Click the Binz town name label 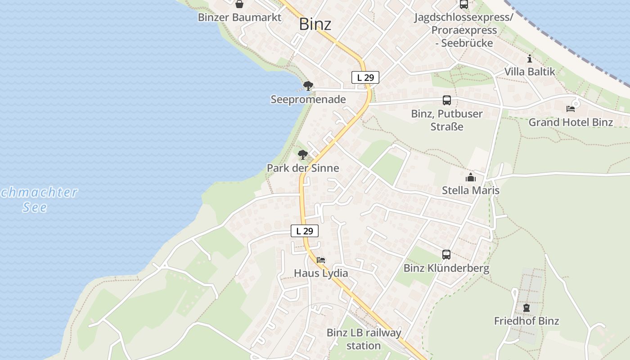pyautogui.click(x=315, y=24)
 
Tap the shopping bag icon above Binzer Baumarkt pyautogui.click(x=239, y=4)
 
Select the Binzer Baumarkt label pyautogui.click(x=239, y=18)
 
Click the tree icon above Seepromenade pyautogui.click(x=308, y=85)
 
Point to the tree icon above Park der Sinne pyautogui.click(x=303, y=155)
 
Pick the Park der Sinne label pyautogui.click(x=303, y=168)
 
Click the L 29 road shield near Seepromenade pyautogui.click(x=365, y=77)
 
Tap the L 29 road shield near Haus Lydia pyautogui.click(x=305, y=231)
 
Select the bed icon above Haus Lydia pyautogui.click(x=321, y=260)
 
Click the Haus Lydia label pyautogui.click(x=321, y=273)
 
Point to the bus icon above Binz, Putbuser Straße pyautogui.click(x=447, y=100)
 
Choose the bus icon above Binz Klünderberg pyautogui.click(x=446, y=255)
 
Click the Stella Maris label pyautogui.click(x=471, y=190)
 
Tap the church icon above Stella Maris pyautogui.click(x=471, y=177)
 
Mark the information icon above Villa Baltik pyautogui.click(x=530, y=58)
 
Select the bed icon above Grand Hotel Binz pyautogui.click(x=571, y=108)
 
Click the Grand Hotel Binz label pyautogui.click(x=571, y=122)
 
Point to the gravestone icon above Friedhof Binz pyautogui.click(x=526, y=308)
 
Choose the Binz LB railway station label pyautogui.click(x=364, y=339)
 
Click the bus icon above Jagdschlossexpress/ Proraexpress pyautogui.click(x=464, y=4)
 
